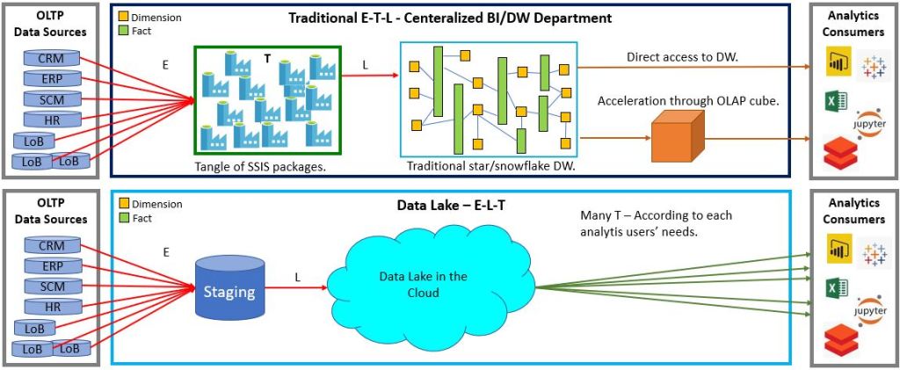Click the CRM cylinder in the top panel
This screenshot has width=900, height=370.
(52, 59)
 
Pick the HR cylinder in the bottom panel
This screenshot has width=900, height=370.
(52, 307)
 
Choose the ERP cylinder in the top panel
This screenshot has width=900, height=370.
(52, 79)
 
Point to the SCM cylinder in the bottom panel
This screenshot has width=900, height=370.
(52, 287)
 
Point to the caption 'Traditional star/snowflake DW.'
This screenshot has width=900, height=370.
(490, 166)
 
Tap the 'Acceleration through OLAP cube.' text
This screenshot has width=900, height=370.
(688, 100)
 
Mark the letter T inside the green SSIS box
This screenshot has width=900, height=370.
(267, 58)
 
